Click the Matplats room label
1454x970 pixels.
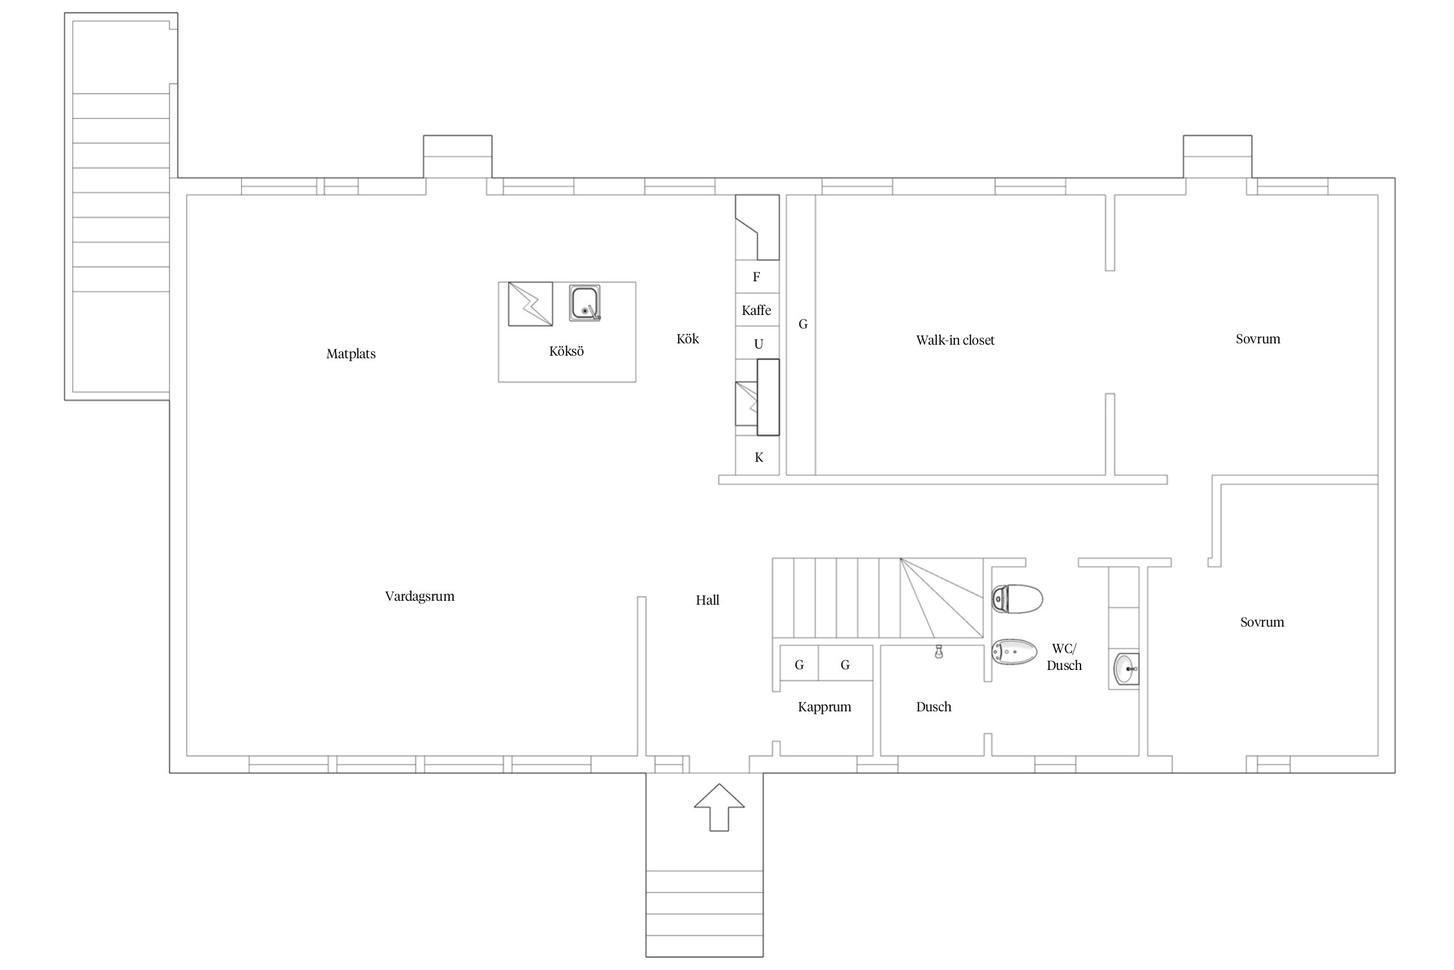pyautogui.click(x=351, y=354)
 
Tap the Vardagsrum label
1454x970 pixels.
pyautogui.click(x=419, y=596)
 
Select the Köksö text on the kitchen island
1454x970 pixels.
pyautogui.click(x=566, y=351)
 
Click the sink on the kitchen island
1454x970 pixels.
pyautogui.click(x=585, y=303)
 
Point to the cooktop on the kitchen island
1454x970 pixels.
pyautogui.click(x=531, y=304)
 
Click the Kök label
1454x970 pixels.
pyautogui.click(x=688, y=339)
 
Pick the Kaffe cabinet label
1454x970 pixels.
pyautogui.click(x=756, y=310)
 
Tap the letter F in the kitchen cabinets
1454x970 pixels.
pyautogui.click(x=756, y=277)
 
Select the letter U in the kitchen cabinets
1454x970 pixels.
pyautogui.click(x=759, y=344)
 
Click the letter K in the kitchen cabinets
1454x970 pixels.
pyautogui.click(x=759, y=457)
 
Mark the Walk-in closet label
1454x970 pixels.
pyautogui.click(x=955, y=340)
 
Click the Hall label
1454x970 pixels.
pyautogui.click(x=708, y=600)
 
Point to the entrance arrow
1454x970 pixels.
pyautogui.click(x=719, y=807)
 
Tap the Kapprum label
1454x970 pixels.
pyautogui.click(x=825, y=707)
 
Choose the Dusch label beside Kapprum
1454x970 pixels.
pyautogui.click(x=934, y=707)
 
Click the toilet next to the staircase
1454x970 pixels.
pyautogui.click(x=1017, y=598)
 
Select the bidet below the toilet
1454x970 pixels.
pyautogui.click(x=1014, y=652)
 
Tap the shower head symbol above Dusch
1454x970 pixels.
pyautogui.click(x=938, y=652)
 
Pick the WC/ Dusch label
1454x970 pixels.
pyautogui.click(x=1064, y=657)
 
